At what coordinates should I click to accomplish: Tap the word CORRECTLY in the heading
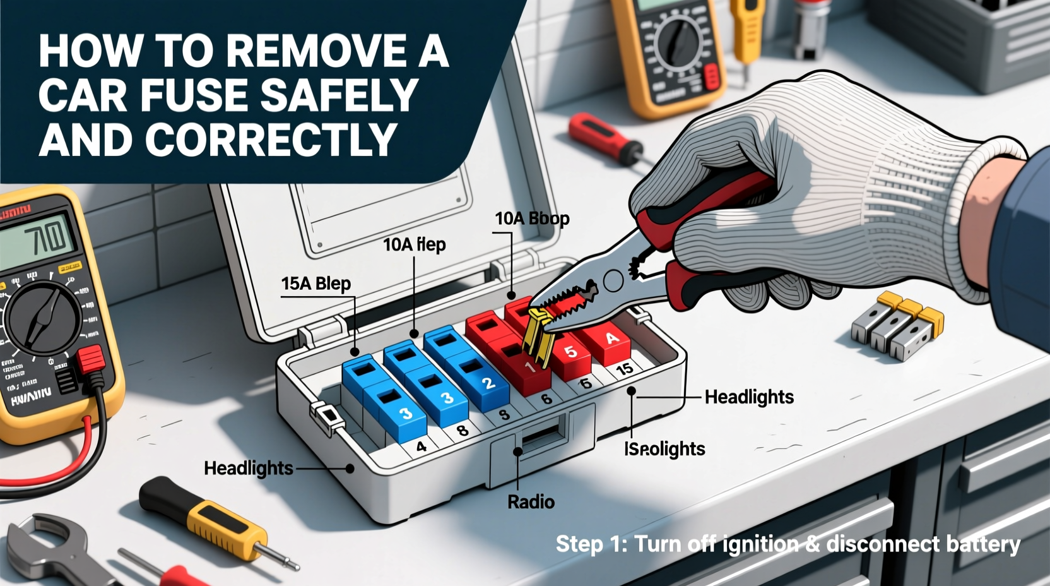point(271,140)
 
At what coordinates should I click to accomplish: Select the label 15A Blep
point(316,284)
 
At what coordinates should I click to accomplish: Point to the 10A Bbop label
point(532,218)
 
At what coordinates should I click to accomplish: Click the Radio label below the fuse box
point(531,502)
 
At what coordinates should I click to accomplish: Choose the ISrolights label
point(664,449)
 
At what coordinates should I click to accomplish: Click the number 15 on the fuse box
point(624,369)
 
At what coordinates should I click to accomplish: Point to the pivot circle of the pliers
point(613,280)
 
